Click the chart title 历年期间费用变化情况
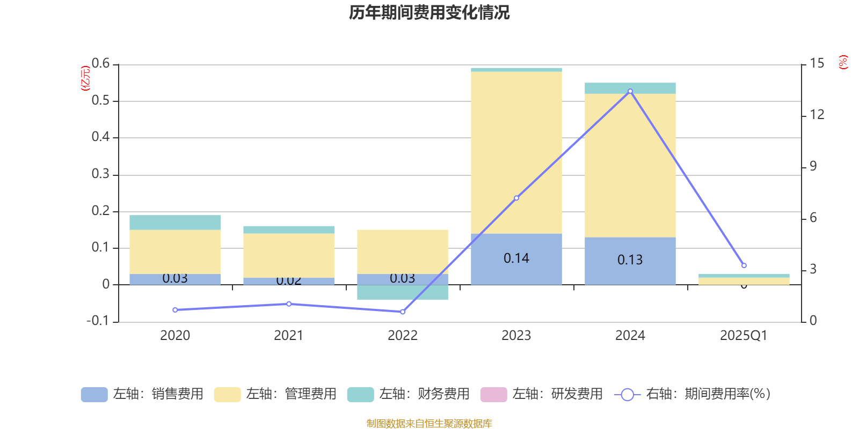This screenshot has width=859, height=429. tap(429, 12)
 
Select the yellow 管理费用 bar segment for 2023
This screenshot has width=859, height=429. tap(516, 153)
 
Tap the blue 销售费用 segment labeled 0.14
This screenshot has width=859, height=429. tap(516, 259)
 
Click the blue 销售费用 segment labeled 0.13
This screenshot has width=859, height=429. tap(630, 261)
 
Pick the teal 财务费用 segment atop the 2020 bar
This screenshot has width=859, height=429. tap(175, 223)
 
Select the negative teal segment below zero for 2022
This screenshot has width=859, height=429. tap(403, 292)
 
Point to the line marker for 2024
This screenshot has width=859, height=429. tap(630, 92)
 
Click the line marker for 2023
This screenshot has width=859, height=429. tap(516, 198)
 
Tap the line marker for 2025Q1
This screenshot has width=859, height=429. tap(744, 265)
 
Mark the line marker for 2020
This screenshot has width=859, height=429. tap(175, 310)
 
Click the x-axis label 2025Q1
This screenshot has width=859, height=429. tap(744, 336)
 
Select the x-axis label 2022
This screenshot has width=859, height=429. tap(403, 336)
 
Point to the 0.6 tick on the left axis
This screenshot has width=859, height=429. tap(100, 64)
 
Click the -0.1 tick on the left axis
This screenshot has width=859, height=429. tap(98, 321)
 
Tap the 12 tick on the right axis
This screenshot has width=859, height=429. tap(817, 115)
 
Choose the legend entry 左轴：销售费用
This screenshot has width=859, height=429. tap(142, 394)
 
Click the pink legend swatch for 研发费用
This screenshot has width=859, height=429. tap(493, 394)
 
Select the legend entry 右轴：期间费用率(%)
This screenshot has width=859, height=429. tap(693, 394)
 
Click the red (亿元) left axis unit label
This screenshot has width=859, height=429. tap(85, 78)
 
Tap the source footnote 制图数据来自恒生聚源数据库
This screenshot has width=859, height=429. tap(429, 424)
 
